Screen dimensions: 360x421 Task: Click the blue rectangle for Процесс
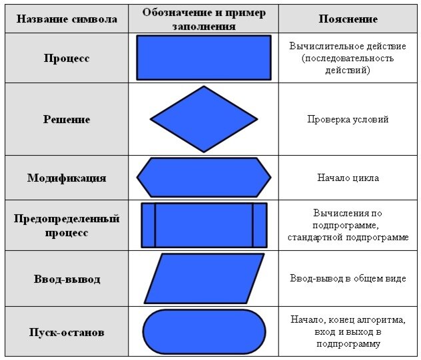tap(204, 57)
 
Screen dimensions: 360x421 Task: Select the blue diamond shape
tap(204, 120)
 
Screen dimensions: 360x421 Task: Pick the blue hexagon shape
tap(204, 178)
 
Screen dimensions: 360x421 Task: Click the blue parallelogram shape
tap(204, 278)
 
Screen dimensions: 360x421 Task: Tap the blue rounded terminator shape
tap(204, 331)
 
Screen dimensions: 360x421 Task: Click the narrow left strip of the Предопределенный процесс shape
tap(148, 225)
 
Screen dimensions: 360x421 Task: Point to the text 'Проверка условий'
tap(348, 120)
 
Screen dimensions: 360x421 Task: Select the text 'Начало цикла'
tap(348, 178)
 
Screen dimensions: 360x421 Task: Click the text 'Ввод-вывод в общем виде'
tap(348, 279)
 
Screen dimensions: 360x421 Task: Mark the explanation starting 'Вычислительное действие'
tap(348, 58)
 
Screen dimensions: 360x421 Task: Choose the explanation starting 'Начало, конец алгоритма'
tap(348, 331)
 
